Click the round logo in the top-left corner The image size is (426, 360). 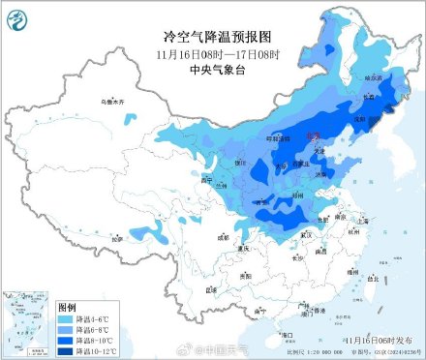click(18, 16)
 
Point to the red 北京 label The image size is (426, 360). click(312, 137)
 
